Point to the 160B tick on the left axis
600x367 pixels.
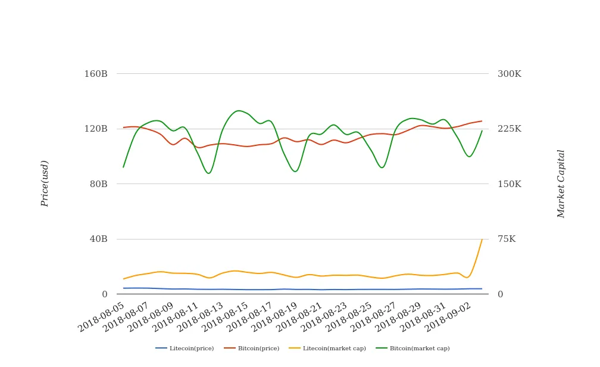coord(96,74)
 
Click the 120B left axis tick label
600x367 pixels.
coord(96,129)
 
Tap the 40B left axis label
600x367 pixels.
coord(98,239)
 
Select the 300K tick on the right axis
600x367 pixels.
coord(510,74)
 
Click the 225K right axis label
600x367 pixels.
coord(510,129)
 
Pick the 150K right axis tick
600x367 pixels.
coord(510,184)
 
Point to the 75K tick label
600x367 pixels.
coord(507,239)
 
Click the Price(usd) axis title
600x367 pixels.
coord(45,183)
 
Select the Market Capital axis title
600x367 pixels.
coord(561,183)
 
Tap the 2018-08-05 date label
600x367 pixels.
coord(102,316)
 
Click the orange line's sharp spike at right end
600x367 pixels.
coord(482,240)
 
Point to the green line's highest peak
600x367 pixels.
coord(238,111)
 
